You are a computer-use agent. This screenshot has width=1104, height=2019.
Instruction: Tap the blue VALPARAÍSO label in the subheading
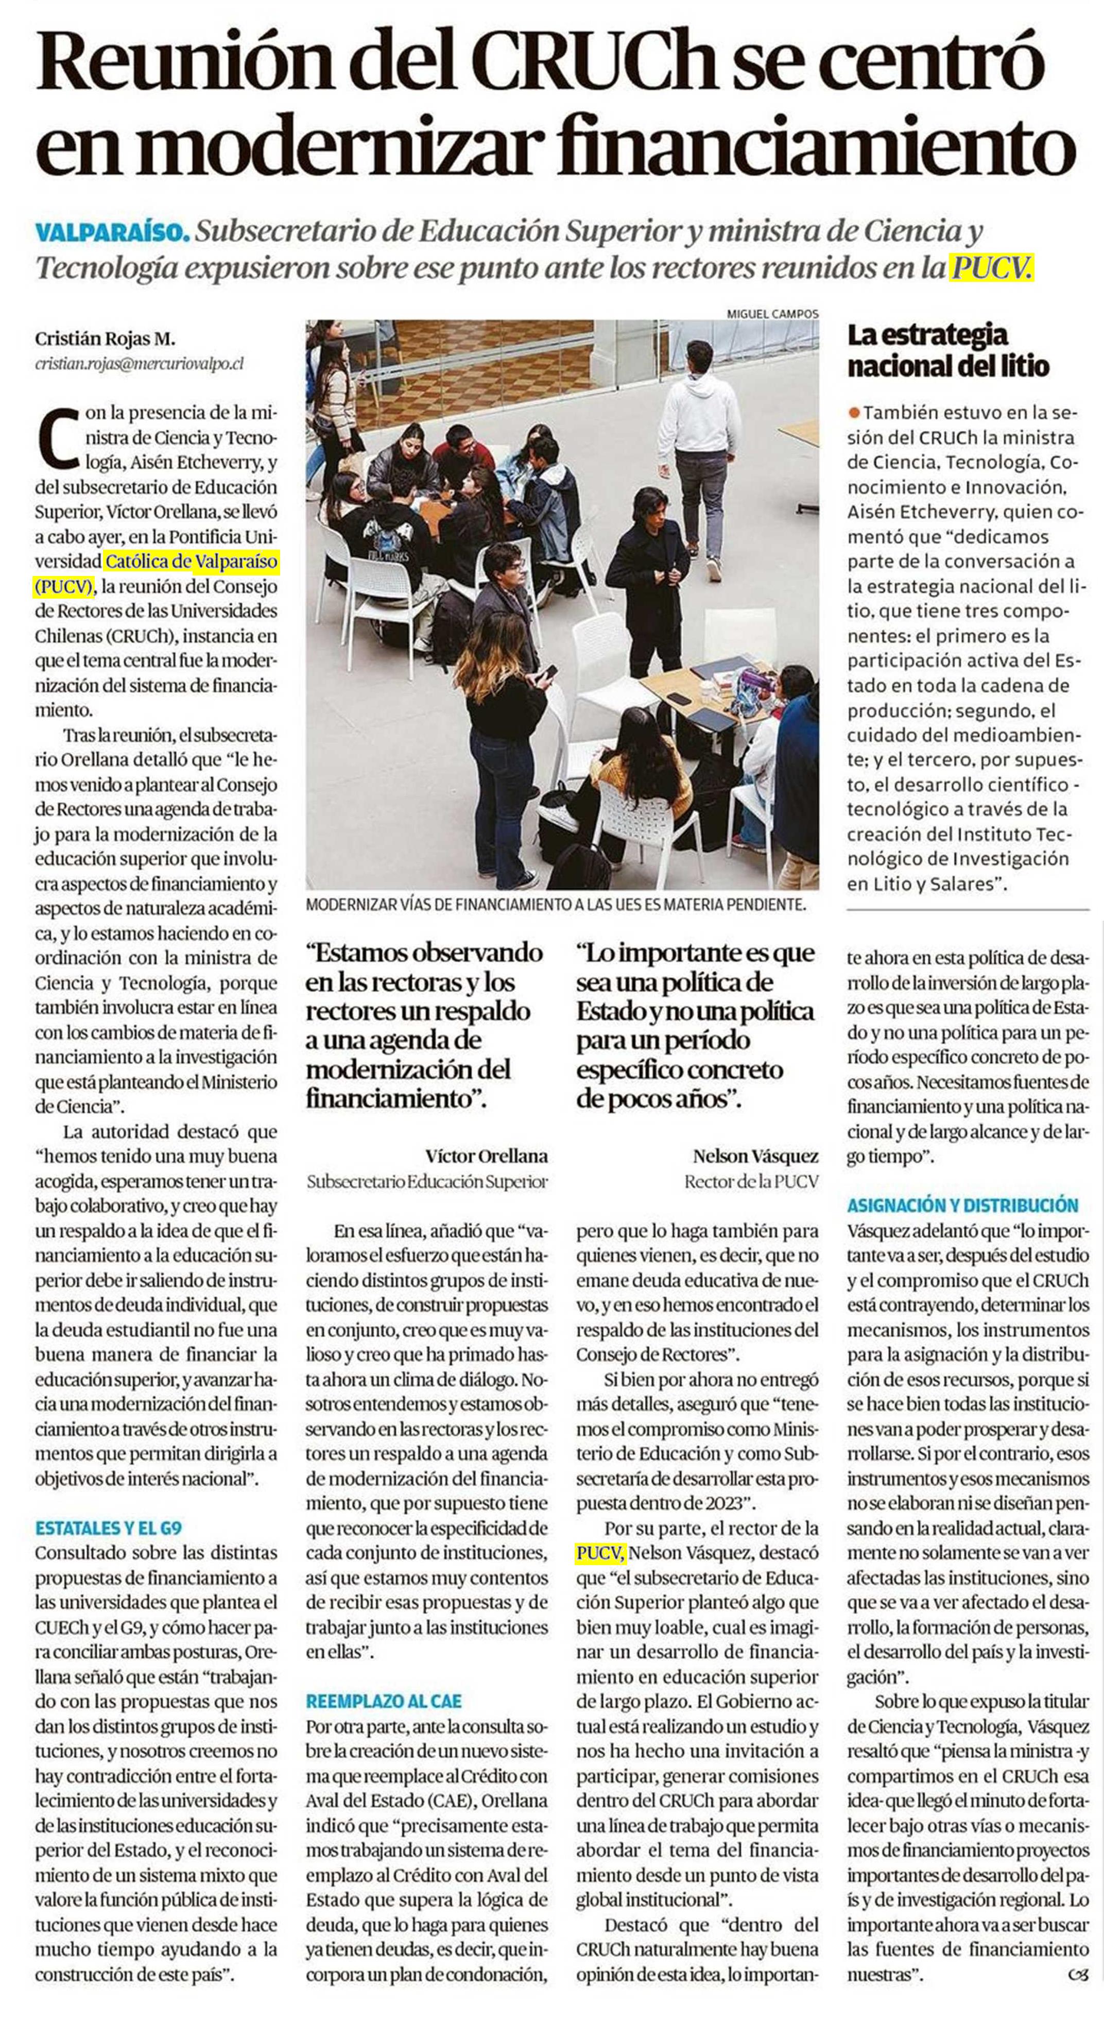click(112, 232)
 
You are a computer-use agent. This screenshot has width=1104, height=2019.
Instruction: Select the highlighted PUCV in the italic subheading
click(991, 268)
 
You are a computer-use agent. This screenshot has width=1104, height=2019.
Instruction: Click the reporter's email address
click(140, 364)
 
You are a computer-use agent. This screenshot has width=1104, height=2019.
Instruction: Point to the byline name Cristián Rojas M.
click(105, 340)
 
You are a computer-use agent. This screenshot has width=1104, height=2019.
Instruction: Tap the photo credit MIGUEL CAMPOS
click(772, 314)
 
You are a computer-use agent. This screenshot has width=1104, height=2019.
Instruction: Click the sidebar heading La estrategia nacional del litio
click(948, 350)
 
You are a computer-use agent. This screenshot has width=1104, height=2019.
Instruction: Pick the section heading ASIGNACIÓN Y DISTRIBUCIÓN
click(962, 1206)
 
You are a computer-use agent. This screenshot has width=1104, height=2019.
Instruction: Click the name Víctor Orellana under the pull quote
click(487, 1156)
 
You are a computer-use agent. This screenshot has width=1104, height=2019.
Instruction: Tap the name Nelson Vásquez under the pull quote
click(755, 1156)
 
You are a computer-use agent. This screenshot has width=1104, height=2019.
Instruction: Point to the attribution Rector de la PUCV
click(751, 1181)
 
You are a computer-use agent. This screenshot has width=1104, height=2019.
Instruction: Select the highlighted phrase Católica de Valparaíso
click(191, 562)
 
